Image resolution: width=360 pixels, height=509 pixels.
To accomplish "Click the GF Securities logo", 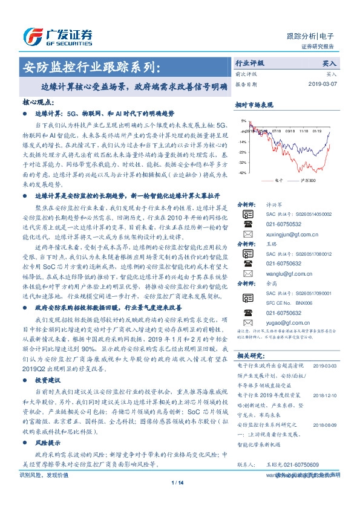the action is coord(57,36).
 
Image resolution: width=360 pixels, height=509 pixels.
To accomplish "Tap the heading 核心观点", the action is coord(38,103).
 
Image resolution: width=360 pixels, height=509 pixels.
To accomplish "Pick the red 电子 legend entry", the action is coord(278,180).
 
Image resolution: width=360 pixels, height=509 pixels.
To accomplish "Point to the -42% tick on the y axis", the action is coord(242,173).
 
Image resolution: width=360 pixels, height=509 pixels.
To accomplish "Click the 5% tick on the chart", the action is coord(243,121).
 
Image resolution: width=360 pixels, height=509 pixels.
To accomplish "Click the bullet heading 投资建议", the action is coord(49,382).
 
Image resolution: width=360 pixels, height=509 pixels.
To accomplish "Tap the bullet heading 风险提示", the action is coord(49,443).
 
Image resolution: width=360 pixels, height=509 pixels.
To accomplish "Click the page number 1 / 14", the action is coord(178,499).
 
